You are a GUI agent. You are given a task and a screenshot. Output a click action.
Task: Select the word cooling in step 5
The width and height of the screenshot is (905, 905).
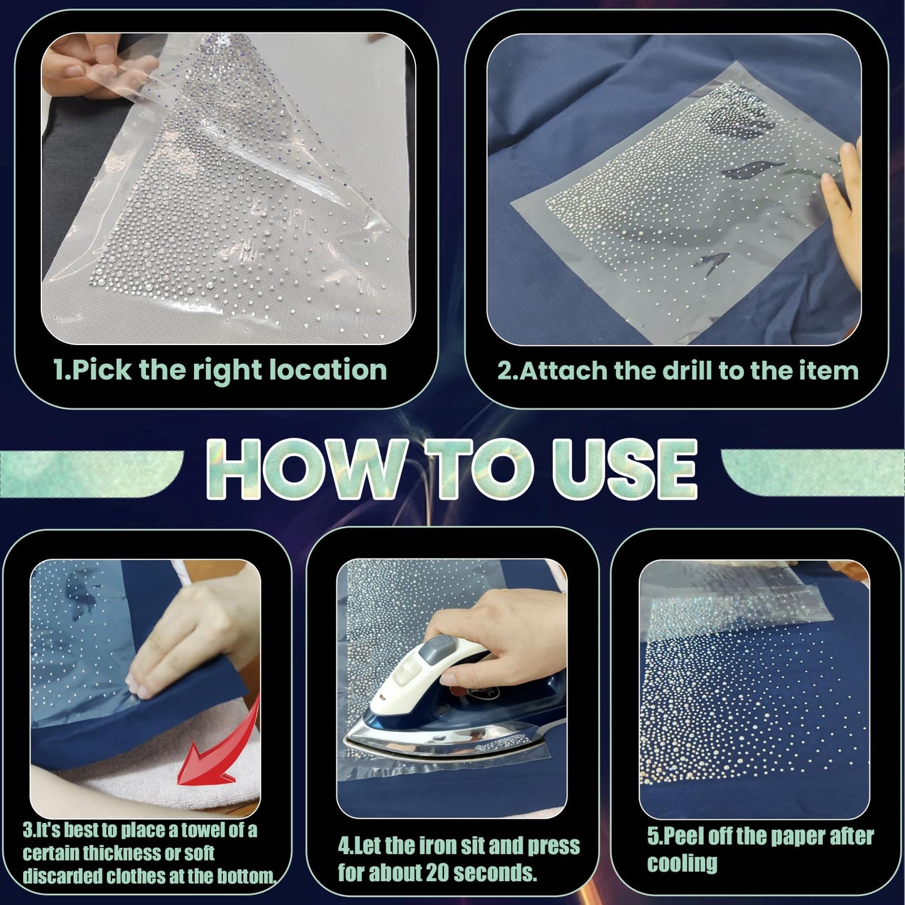(682, 864)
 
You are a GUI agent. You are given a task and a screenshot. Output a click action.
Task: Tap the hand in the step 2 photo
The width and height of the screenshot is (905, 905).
(843, 211)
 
